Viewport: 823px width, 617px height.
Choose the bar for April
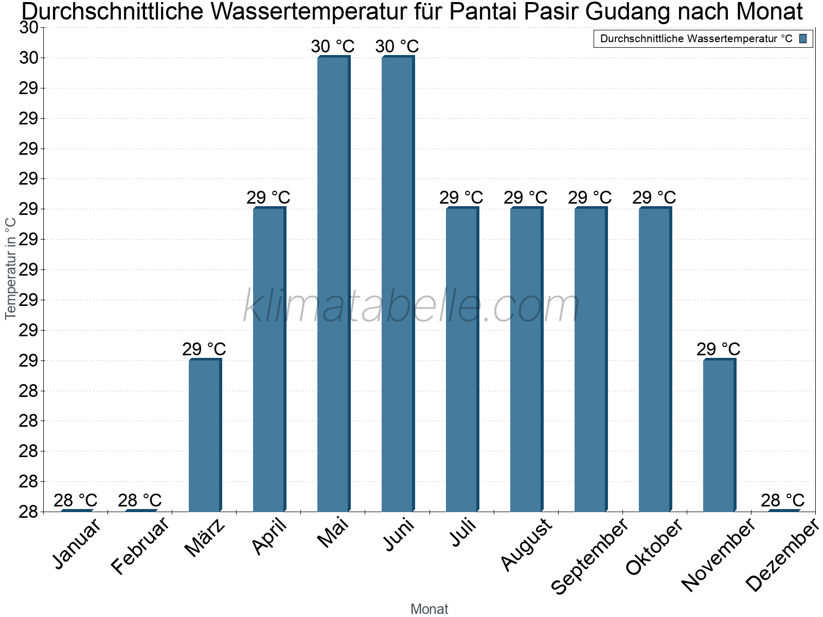tap(269, 359)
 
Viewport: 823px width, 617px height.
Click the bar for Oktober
tap(655, 359)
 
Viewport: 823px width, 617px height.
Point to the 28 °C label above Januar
tap(76, 500)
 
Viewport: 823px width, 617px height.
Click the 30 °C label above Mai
tap(333, 46)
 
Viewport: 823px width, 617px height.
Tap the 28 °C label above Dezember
tap(782, 500)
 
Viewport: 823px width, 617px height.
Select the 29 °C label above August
tap(525, 197)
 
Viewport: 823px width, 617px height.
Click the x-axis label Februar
tap(140, 546)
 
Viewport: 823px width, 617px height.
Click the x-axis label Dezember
tap(782, 555)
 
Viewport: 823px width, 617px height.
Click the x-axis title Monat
tap(429, 609)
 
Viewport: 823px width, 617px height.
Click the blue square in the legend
tap(803, 39)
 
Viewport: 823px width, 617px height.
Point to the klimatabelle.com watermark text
tap(411, 306)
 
